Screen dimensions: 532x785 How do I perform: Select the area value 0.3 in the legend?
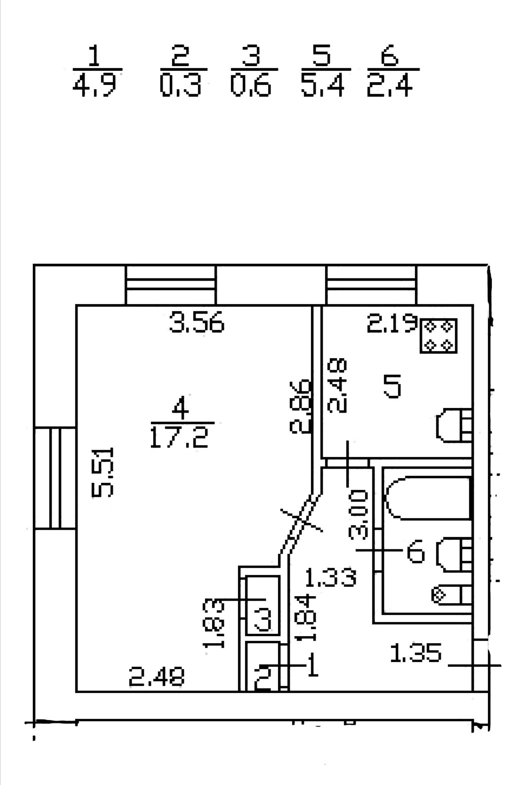tap(180, 86)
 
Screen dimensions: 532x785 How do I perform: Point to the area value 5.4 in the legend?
tap(323, 86)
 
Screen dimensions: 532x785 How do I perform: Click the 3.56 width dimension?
tap(196, 323)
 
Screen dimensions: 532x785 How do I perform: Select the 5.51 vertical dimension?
tap(103, 473)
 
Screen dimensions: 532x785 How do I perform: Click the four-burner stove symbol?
tap(438, 336)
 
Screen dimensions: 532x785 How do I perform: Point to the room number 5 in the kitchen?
tap(392, 386)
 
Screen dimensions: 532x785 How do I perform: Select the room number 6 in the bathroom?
tap(415, 553)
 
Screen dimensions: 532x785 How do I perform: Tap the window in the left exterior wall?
tap(55, 478)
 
